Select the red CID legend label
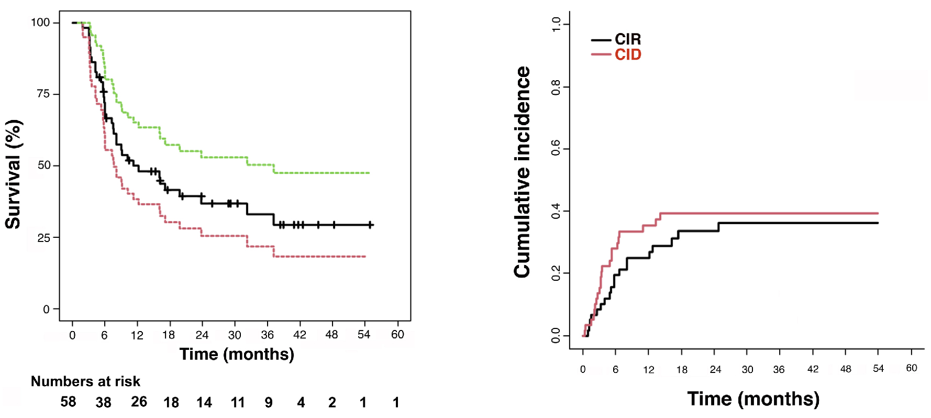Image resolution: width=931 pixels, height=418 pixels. (628, 54)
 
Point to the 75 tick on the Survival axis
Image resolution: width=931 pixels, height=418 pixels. (43, 94)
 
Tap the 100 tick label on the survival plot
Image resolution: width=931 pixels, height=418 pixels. (40, 23)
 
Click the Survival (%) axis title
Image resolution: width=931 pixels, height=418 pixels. (13, 174)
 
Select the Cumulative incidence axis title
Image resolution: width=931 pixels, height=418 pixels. (523, 172)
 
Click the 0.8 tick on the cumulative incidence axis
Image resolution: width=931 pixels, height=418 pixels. (556, 87)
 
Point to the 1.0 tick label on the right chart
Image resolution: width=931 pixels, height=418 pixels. (556, 24)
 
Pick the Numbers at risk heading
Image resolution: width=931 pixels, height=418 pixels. (85, 381)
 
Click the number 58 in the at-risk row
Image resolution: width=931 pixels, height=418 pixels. (68, 402)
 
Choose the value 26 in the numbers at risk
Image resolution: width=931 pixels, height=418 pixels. (139, 402)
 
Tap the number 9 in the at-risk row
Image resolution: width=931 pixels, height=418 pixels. (269, 402)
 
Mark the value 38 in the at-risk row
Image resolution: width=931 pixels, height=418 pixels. (103, 402)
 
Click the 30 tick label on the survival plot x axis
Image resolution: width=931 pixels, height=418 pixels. (234, 335)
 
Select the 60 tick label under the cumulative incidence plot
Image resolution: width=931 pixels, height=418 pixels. (912, 368)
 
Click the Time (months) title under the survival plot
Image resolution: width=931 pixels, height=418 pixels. (237, 355)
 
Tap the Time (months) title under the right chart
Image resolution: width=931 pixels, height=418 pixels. (753, 399)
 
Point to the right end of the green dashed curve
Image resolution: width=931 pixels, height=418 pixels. (369, 173)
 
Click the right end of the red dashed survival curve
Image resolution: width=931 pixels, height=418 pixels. (365, 257)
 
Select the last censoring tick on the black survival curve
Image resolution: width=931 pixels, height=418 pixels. (370, 225)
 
